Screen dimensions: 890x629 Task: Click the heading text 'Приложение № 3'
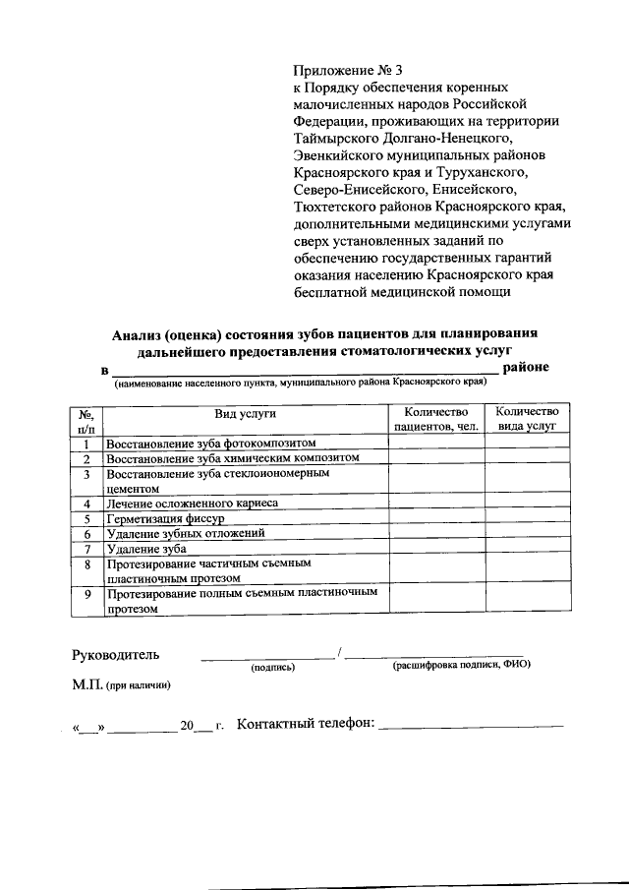(348, 70)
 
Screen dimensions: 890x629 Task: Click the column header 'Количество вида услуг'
(527, 419)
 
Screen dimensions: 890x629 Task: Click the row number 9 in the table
(86, 594)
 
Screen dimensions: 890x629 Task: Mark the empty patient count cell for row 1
(435, 444)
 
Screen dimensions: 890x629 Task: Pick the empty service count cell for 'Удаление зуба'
(527, 549)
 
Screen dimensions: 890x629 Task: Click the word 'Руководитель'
(114, 654)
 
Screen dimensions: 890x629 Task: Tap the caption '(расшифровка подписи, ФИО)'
(461, 666)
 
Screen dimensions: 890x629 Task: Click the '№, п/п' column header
(86, 419)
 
